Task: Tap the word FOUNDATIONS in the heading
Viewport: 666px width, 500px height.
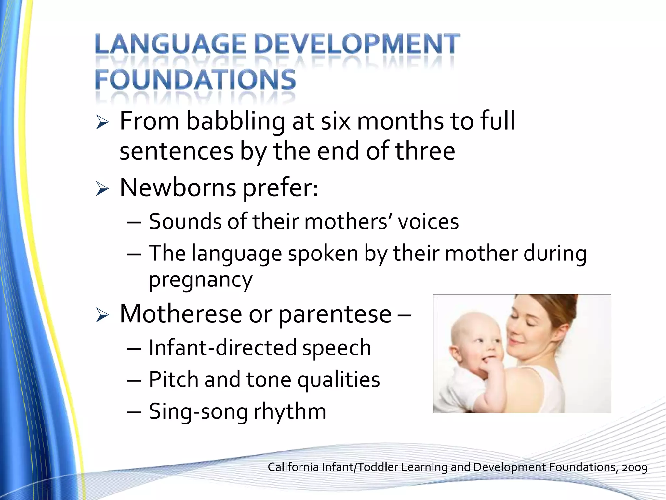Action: pos(195,80)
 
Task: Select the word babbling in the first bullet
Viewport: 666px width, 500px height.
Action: pos(235,121)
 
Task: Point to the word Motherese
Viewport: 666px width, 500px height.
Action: pos(181,314)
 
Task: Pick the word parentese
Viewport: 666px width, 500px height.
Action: pos(335,315)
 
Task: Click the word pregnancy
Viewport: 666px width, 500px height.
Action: pos(200,280)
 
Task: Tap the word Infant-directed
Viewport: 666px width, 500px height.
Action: pos(222,348)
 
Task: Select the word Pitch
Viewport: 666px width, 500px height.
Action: pos(173,380)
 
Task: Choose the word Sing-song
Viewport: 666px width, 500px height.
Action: pos(198,411)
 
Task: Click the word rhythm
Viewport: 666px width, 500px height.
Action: pos(290,411)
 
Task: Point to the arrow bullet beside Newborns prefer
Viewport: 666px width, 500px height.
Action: pos(102,189)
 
